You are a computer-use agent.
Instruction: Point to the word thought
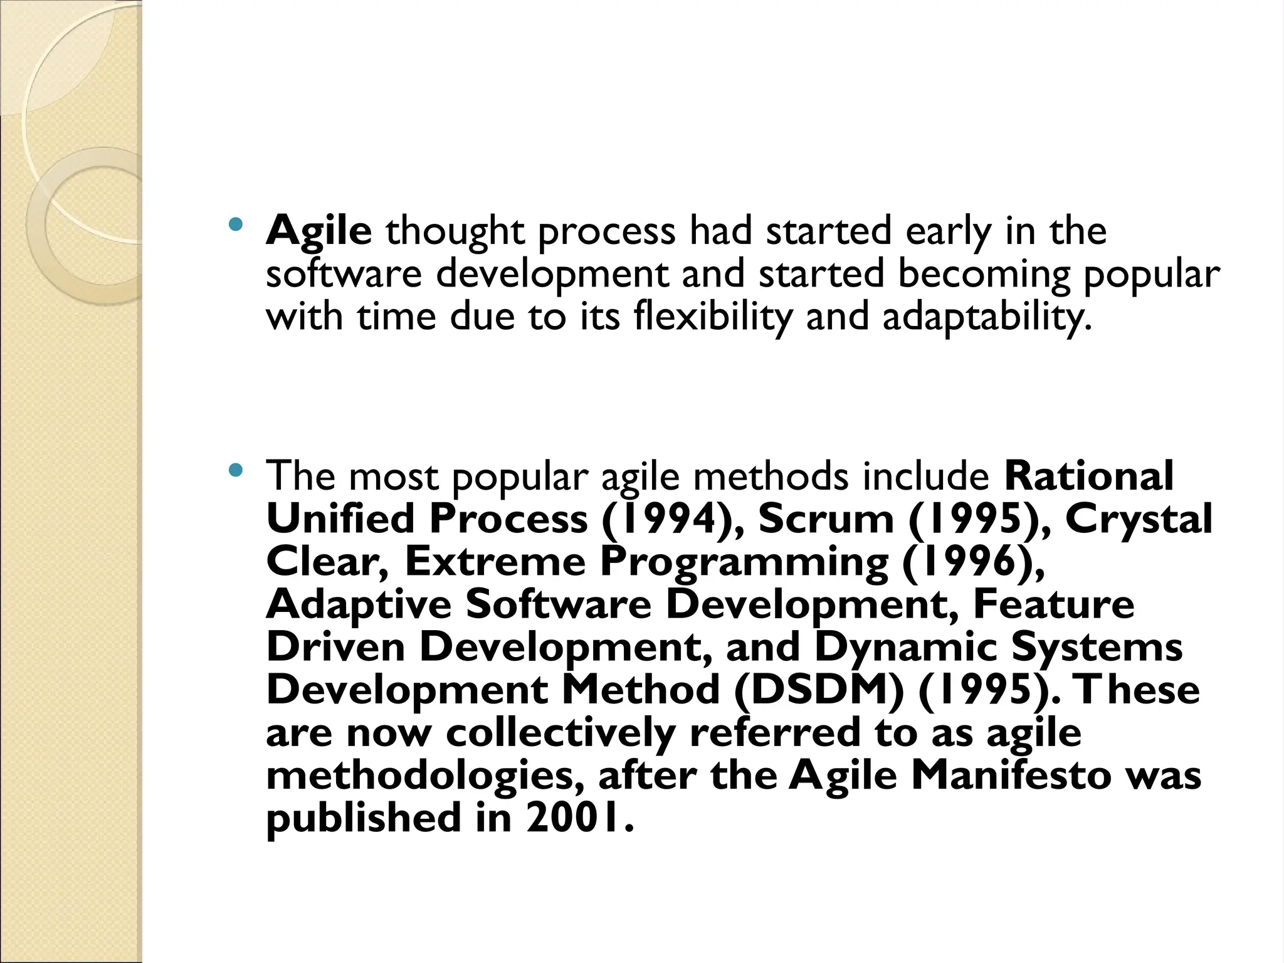(x=455, y=231)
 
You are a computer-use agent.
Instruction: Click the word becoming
(x=984, y=274)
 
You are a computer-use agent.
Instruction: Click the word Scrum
(x=826, y=519)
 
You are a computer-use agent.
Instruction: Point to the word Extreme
(x=495, y=562)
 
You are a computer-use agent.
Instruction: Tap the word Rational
(x=1089, y=476)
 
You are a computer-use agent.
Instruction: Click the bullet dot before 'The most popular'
(x=235, y=469)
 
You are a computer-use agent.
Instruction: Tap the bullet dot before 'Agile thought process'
(x=235, y=224)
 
